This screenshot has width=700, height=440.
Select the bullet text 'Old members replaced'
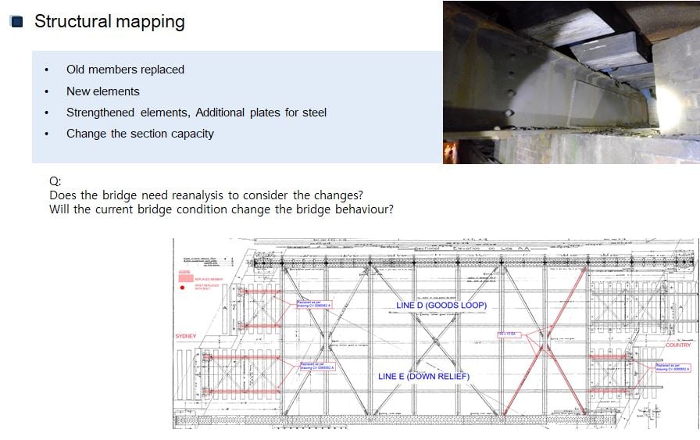point(125,70)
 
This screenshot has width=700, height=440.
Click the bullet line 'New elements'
point(102,91)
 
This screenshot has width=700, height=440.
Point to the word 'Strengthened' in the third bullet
point(100,113)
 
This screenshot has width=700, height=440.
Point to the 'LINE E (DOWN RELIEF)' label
point(423,376)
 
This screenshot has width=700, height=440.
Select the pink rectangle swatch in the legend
point(186,277)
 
